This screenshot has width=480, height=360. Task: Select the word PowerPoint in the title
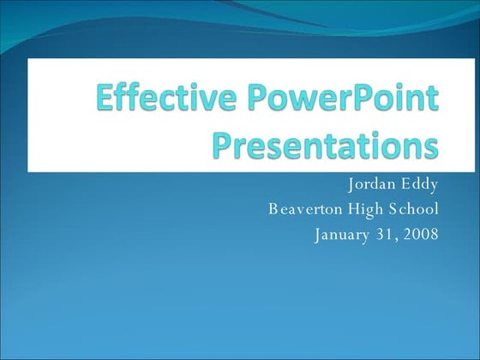(x=345, y=101)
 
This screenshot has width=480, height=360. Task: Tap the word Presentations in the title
(x=324, y=144)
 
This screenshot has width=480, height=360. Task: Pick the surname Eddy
(x=421, y=184)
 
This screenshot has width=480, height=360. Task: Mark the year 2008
(x=422, y=233)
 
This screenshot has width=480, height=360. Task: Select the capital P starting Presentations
(x=221, y=144)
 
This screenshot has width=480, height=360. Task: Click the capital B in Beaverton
(x=273, y=208)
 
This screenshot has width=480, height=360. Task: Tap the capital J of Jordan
(x=351, y=184)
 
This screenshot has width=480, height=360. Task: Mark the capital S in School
(x=399, y=208)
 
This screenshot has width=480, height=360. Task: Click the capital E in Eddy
(x=407, y=184)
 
